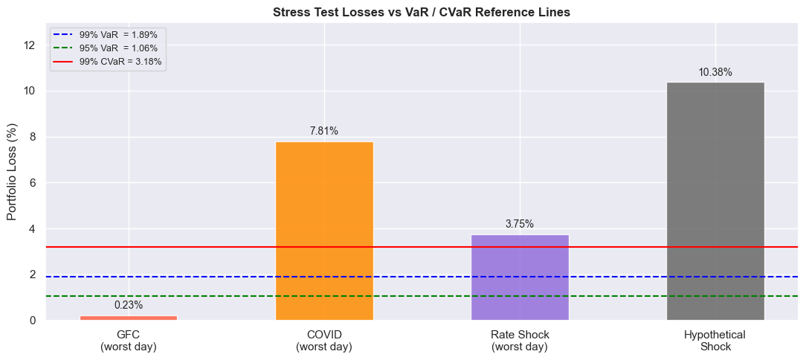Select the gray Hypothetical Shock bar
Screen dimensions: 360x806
coord(715,201)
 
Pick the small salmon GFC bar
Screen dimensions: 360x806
coord(129,318)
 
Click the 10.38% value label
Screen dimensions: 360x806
coord(715,72)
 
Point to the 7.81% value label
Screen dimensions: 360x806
coord(324,131)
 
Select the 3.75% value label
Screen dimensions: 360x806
coord(520,224)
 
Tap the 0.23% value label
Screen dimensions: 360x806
coord(129,305)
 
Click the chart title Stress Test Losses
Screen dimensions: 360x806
coord(422,12)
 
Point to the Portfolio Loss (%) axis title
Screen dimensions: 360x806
coord(12,172)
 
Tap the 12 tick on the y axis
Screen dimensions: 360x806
coord(30,45)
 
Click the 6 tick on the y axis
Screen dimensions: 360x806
coord(32,183)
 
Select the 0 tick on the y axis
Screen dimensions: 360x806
coord(32,321)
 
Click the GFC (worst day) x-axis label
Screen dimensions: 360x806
coord(129,341)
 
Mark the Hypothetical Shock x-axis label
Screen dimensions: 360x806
coord(715,341)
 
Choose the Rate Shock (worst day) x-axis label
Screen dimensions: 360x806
coord(520,341)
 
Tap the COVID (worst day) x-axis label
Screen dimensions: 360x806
coord(324,341)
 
